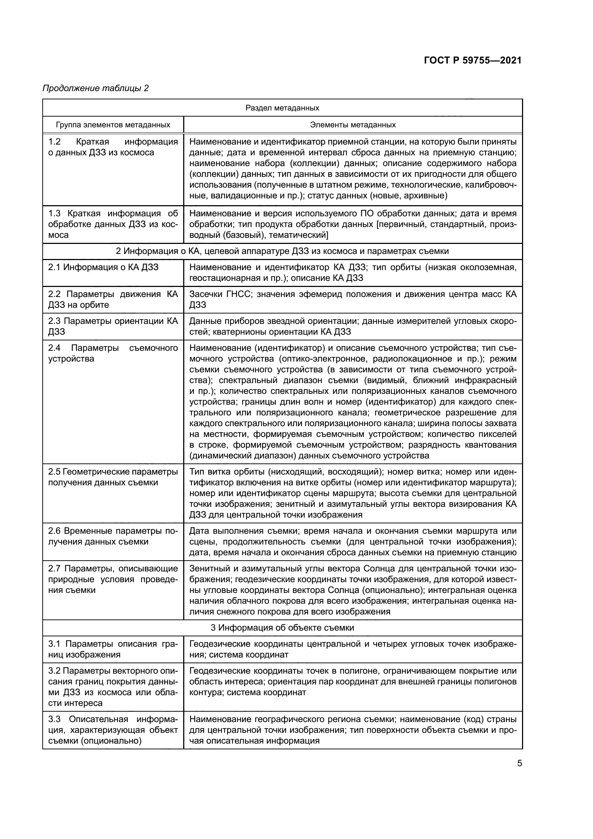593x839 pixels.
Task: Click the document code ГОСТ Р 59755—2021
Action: (x=473, y=60)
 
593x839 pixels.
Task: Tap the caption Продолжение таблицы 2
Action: (x=96, y=88)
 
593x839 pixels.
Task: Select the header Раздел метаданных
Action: (x=282, y=108)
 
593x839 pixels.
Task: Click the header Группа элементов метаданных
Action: (x=113, y=125)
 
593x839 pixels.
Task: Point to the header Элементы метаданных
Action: (x=353, y=125)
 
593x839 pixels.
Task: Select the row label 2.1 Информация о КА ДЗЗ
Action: (x=103, y=267)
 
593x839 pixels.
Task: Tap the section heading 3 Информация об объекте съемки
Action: (x=282, y=628)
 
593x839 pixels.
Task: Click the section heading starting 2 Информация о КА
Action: (x=282, y=251)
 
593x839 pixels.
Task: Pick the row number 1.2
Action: (x=54, y=142)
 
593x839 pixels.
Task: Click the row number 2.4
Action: (x=54, y=348)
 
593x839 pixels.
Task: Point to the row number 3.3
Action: (x=54, y=719)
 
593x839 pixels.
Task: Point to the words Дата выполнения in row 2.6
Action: (x=222, y=531)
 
